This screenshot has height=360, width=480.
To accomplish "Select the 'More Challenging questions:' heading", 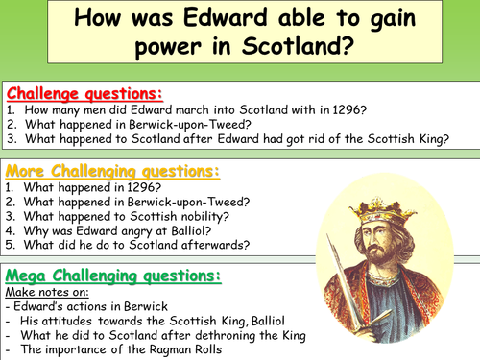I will [x=112, y=172].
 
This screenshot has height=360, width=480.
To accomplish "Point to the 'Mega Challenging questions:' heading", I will [x=112, y=276].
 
